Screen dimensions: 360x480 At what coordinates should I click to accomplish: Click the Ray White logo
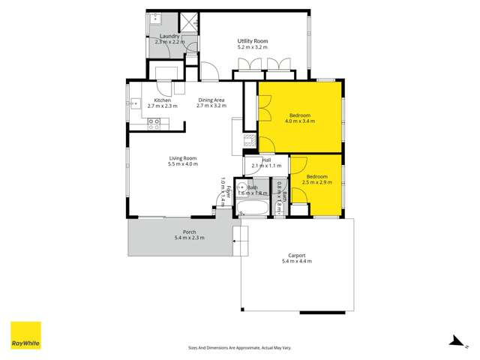pos(25,336)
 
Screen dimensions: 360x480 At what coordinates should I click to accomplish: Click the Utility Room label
pos(253,40)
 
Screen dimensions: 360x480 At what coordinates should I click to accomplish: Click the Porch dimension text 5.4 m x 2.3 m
pos(189,238)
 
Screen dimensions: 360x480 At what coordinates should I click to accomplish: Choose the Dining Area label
pos(211,100)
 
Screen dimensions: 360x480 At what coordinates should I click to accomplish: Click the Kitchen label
pos(162,100)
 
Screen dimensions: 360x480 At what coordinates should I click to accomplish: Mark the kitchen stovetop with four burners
pos(154,126)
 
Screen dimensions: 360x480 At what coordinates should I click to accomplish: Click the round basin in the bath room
pos(241,187)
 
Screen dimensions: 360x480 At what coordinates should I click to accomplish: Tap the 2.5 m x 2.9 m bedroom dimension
pos(316,181)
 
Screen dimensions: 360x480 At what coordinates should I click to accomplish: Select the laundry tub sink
pos(156,19)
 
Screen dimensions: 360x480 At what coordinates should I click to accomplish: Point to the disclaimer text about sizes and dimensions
pos(239,347)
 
